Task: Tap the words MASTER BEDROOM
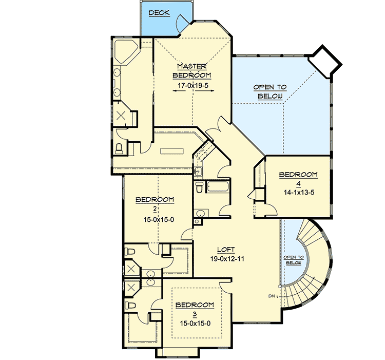point(191,70)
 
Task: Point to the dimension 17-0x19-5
point(191,85)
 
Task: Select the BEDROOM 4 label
point(298,179)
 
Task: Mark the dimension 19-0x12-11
point(226,259)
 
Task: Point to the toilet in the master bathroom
point(120,149)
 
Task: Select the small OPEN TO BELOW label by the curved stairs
point(294,260)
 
